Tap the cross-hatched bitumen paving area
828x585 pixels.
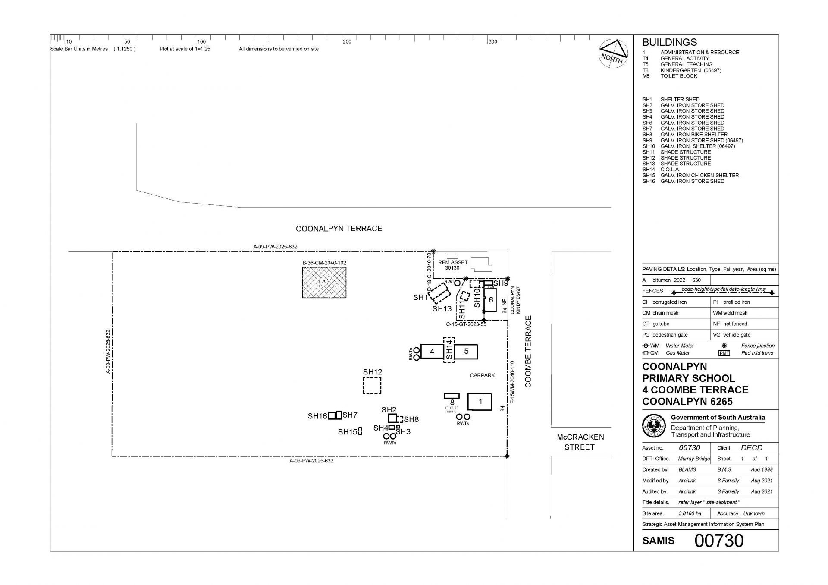click(324, 283)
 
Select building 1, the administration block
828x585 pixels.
click(480, 402)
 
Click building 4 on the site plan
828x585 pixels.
click(432, 352)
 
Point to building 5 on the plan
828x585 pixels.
click(466, 352)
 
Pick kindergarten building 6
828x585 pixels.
click(490, 300)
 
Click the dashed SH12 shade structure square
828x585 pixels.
click(372, 385)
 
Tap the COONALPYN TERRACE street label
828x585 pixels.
click(339, 229)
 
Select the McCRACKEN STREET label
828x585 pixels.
click(580, 442)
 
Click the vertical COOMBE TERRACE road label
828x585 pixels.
click(528, 352)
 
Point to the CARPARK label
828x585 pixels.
click(482, 375)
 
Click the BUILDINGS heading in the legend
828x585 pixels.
click(669, 42)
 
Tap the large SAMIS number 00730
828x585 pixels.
click(719, 541)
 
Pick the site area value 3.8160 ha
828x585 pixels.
click(690, 513)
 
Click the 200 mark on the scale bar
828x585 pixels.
click(347, 41)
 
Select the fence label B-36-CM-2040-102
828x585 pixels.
click(324, 263)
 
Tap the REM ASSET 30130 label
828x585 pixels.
click(453, 265)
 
